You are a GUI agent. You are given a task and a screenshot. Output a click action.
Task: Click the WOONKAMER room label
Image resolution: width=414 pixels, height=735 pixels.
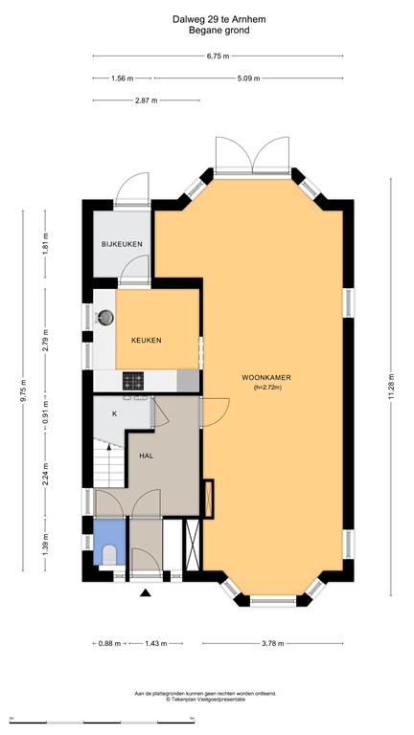tap(266, 377)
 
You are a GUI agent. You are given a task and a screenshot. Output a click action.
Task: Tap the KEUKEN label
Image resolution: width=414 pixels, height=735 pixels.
tap(146, 341)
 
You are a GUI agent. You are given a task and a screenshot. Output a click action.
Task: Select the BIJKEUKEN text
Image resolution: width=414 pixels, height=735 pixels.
tap(122, 244)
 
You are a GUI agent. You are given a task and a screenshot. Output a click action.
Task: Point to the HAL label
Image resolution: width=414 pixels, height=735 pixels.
tap(147, 456)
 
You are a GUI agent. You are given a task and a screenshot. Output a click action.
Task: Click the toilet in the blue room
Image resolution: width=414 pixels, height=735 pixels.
tap(109, 554)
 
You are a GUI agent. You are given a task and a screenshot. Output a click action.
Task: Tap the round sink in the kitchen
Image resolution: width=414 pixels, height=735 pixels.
tap(105, 318)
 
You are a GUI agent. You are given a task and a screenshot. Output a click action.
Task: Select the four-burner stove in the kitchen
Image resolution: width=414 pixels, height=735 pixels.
tap(133, 381)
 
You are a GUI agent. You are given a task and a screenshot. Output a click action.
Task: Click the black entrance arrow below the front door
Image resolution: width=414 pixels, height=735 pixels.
tap(146, 593)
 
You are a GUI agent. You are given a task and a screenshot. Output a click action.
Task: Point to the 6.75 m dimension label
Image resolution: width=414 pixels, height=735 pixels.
tap(218, 56)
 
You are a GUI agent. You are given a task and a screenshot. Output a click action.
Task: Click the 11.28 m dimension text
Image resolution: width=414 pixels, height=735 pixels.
tap(391, 388)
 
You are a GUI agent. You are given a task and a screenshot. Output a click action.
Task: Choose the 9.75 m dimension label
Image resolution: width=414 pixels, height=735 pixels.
tap(23, 390)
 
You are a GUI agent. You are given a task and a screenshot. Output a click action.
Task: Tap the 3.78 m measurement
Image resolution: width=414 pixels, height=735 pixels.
tap(272, 643)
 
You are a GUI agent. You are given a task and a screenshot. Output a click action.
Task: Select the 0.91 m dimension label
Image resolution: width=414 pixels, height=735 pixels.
tap(46, 412)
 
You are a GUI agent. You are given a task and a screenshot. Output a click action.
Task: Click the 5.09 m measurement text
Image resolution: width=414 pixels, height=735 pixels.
tap(248, 78)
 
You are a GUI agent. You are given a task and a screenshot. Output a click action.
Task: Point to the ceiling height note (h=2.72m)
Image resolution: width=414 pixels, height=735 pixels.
tap(266, 388)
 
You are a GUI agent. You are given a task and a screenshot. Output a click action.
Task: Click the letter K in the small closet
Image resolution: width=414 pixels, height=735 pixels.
tap(114, 413)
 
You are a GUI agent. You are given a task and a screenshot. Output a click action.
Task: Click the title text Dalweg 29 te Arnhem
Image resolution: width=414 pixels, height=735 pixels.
tap(218, 20)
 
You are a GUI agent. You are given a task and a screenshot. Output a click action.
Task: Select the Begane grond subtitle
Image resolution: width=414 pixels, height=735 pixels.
tap(218, 31)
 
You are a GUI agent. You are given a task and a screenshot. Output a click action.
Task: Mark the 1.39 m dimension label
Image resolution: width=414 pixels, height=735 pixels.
tap(46, 545)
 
